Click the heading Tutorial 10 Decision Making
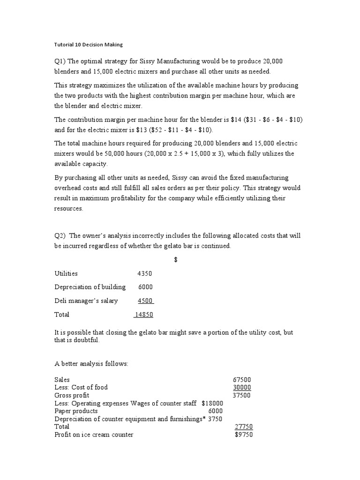pyautogui.click(x=88, y=45)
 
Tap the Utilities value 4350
pyautogui.click(x=144, y=274)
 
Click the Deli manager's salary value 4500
pyautogui.click(x=145, y=301)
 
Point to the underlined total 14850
pyautogui.click(x=144, y=315)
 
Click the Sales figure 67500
pyautogui.click(x=242, y=379)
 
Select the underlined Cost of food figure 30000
pyautogui.click(x=242, y=387)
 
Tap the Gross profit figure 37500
pyautogui.click(x=242, y=395)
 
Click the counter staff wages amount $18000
pyautogui.click(x=212, y=403)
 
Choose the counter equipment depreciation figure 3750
pyautogui.click(x=215, y=419)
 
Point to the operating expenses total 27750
pyautogui.click(x=244, y=427)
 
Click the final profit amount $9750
pyautogui.click(x=244, y=435)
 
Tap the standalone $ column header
pyautogui.click(x=175, y=260)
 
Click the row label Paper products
pyautogui.click(x=76, y=411)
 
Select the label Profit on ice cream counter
pyautogui.click(x=94, y=435)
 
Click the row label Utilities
pyautogui.click(x=66, y=274)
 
